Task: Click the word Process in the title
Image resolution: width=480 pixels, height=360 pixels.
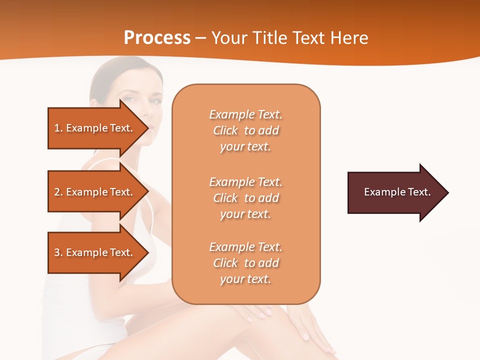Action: [157, 38]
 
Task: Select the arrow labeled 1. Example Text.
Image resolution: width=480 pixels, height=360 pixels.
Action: [95, 128]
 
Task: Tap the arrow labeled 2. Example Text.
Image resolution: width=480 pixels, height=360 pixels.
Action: [95, 192]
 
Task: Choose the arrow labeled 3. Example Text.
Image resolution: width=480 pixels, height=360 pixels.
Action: [95, 252]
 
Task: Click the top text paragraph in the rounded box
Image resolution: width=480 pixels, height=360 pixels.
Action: [245, 130]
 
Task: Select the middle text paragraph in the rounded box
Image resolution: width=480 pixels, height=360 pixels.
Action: [245, 198]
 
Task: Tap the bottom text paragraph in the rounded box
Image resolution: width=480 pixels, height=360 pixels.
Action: [245, 263]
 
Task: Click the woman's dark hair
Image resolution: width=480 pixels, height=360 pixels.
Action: [102, 75]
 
